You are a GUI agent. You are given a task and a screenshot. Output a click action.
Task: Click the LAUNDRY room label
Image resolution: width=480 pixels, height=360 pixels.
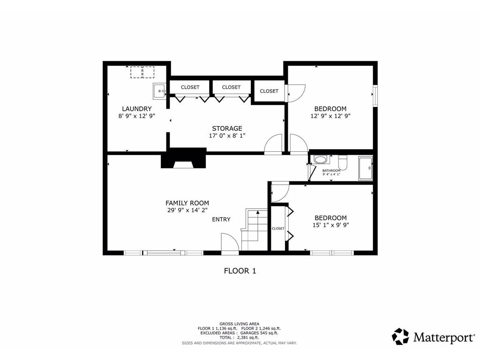pyautogui.click(x=136, y=109)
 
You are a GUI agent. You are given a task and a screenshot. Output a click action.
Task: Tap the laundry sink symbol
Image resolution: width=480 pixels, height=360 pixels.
pyautogui.click(x=159, y=91)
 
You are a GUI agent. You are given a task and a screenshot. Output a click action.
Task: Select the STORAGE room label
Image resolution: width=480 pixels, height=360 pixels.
pyautogui.click(x=227, y=128)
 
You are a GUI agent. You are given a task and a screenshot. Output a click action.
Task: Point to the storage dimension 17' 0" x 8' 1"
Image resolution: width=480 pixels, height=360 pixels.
pyautogui.click(x=227, y=135)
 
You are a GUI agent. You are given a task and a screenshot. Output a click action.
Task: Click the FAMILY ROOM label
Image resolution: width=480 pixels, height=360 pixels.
pyautogui.click(x=187, y=203)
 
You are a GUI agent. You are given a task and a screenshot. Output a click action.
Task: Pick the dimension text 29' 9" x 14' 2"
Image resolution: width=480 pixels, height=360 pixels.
pyautogui.click(x=187, y=210)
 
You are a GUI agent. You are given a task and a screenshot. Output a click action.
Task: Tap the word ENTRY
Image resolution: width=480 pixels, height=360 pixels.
pyautogui.click(x=221, y=219)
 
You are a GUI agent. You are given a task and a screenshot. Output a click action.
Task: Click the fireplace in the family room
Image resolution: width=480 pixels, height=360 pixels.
pyautogui.click(x=184, y=158)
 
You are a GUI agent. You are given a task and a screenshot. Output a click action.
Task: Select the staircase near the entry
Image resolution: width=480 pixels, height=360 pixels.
pyautogui.click(x=254, y=230)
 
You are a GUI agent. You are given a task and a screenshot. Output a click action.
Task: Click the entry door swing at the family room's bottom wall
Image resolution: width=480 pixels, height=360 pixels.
pyautogui.click(x=230, y=244)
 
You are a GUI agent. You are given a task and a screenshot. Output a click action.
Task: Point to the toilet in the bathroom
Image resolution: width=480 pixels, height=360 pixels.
pyautogui.click(x=343, y=163)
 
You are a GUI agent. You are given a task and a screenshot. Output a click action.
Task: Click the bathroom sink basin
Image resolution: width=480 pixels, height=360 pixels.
pyautogui.click(x=321, y=159)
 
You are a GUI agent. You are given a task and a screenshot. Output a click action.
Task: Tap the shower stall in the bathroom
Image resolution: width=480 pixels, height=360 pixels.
pyautogui.click(x=366, y=168)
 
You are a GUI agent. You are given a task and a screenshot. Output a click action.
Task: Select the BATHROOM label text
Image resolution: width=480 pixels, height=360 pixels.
pyautogui.click(x=331, y=171)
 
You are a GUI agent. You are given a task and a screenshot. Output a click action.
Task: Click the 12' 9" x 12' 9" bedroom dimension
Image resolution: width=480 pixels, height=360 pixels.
pyautogui.click(x=330, y=116)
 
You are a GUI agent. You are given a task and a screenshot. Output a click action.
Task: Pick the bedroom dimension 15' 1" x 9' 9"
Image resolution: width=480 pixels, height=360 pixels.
pyautogui.click(x=330, y=225)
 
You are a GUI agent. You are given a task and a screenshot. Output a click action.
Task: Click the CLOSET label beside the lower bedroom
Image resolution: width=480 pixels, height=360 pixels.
pyautogui.click(x=278, y=228)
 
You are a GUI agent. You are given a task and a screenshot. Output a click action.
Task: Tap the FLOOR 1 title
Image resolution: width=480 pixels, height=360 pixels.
pyautogui.click(x=240, y=271)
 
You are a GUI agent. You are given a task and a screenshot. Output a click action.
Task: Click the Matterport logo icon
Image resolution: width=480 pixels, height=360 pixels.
pyautogui.click(x=400, y=337)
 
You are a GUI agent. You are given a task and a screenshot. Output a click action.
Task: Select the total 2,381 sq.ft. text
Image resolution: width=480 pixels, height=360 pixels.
pyautogui.click(x=239, y=337)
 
